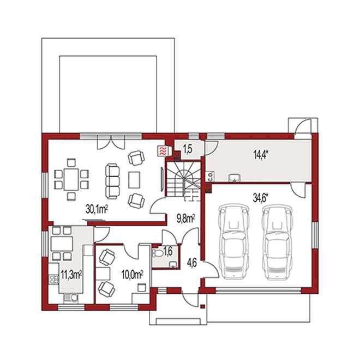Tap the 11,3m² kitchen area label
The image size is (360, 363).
point(71,275)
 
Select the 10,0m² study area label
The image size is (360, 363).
point(132,275)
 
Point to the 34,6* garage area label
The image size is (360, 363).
point(260,198)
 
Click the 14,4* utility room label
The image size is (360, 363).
point(260,155)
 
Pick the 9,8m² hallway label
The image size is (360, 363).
point(186,219)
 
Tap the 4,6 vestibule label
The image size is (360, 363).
point(192,263)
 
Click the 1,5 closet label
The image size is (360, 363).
point(188,149)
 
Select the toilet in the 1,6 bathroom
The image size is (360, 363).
point(157,252)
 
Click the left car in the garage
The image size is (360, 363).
point(233,241)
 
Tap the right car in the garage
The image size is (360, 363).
point(277,241)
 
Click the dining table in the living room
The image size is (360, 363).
point(71,179)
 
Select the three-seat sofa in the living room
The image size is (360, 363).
point(112,181)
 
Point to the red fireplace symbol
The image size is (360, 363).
point(163,151)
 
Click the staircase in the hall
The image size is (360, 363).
point(183,179)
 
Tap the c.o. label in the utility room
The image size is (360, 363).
point(211,177)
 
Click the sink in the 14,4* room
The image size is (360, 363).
point(235,178)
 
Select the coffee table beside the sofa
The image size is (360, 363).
point(134,180)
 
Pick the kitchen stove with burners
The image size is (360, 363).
point(54,279)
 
